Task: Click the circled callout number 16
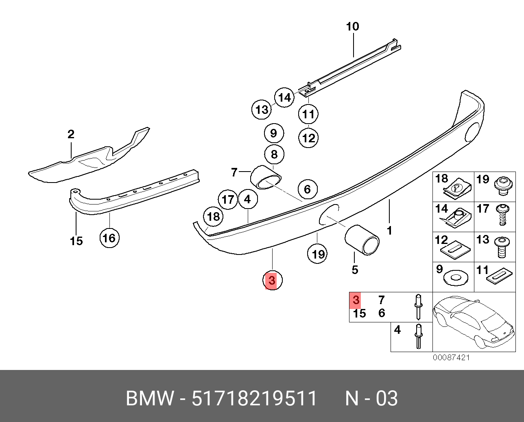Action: [x=109, y=238]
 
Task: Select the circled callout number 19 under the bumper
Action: [x=318, y=254]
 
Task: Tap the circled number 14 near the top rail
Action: [x=284, y=98]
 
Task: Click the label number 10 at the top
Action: [x=352, y=27]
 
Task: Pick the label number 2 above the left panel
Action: [x=71, y=134]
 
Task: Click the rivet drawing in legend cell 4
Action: [x=418, y=336]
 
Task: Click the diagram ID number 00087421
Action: [x=451, y=357]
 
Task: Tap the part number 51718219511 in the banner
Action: [x=254, y=398]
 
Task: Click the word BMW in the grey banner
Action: [x=150, y=398]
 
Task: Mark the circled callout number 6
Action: [x=307, y=189]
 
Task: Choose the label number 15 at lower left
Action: [x=76, y=241]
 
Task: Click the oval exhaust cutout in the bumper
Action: [x=329, y=214]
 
